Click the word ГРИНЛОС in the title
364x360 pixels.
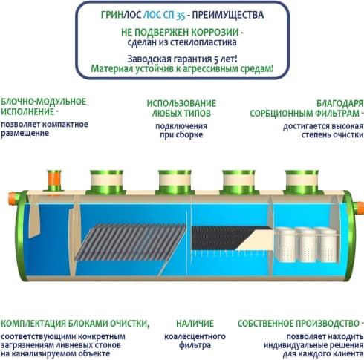[x=122, y=15]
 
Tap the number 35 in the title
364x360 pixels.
[x=181, y=16]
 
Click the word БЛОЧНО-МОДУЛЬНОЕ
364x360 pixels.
[x=44, y=102]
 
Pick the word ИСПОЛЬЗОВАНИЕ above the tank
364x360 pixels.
[x=181, y=103]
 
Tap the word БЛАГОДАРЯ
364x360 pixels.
[x=339, y=103]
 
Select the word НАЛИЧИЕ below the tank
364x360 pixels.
[x=195, y=324]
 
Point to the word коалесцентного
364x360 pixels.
[x=195, y=336]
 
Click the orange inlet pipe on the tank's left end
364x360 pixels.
[x=13, y=198]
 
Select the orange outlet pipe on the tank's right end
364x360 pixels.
[x=359, y=209]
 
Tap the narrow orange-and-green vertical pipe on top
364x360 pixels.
[x=54, y=180]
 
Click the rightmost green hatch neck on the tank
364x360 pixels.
[x=302, y=182]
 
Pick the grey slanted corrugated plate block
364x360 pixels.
[x=131, y=243]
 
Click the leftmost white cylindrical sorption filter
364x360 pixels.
[x=285, y=244]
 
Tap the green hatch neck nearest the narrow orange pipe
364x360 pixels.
[x=106, y=182]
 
